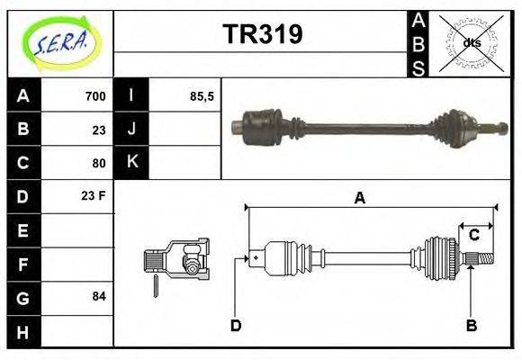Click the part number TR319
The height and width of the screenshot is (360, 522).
[x=262, y=34]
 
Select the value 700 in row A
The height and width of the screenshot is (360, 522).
[x=95, y=96]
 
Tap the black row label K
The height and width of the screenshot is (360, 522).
[x=131, y=163]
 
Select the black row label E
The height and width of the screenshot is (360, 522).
[x=23, y=230]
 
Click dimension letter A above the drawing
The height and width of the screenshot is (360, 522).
[x=359, y=199]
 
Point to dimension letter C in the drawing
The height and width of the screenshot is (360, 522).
[x=473, y=236]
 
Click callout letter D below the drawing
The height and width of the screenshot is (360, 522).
[x=236, y=326]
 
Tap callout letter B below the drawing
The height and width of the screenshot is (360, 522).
[x=470, y=326]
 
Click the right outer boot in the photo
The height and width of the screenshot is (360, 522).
[x=447, y=125]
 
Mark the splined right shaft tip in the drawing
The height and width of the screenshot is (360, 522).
[x=484, y=261]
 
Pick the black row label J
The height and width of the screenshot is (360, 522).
[x=131, y=130]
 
